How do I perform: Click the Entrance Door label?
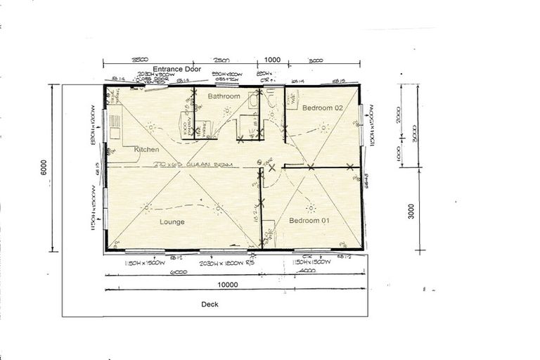(176, 69)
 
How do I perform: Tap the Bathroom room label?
(224, 96)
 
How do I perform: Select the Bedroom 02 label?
(322, 108)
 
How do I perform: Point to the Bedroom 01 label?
(310, 221)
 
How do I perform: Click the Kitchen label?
(147, 149)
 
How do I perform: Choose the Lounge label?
(172, 221)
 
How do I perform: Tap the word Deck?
(210, 304)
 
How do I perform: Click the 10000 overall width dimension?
(228, 285)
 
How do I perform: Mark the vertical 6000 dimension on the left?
(44, 168)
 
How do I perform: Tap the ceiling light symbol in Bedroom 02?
(323, 128)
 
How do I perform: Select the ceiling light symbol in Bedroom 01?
(309, 207)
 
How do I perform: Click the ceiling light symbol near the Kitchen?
(150, 127)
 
